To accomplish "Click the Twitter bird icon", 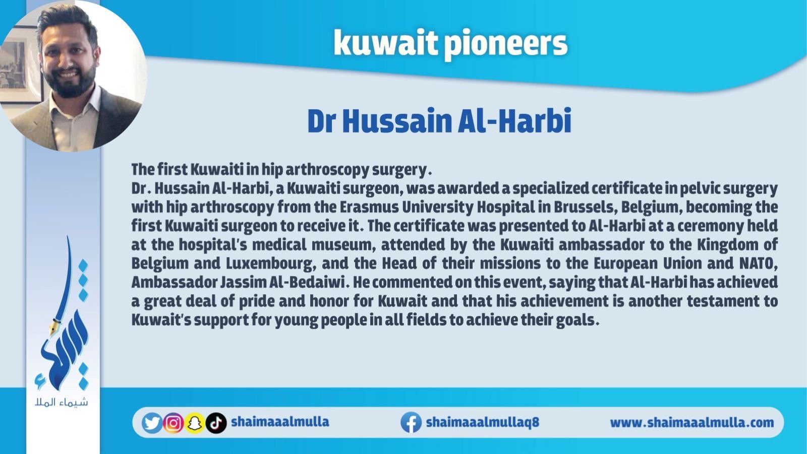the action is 152,423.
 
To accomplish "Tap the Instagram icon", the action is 174,423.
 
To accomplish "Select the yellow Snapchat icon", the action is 195,423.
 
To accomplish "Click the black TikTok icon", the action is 216,423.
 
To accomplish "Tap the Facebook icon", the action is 411,422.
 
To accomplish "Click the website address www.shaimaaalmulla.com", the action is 691,422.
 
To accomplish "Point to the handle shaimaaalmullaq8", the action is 482,422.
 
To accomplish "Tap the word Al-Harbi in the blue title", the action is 514,121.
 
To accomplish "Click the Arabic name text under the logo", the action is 62,402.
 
